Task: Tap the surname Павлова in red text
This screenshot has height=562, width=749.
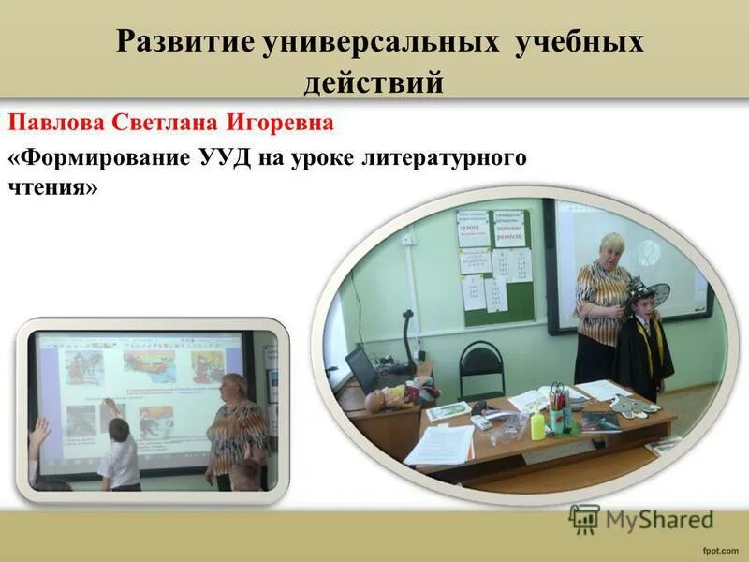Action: (57, 124)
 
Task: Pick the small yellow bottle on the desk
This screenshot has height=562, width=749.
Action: (536, 426)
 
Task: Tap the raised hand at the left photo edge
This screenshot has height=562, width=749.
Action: (40, 433)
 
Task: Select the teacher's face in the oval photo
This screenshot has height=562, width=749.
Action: (611, 248)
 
